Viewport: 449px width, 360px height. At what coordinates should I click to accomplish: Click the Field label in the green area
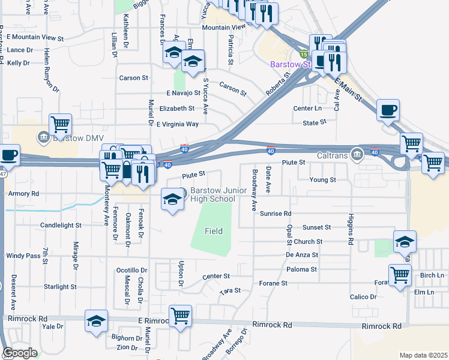214,231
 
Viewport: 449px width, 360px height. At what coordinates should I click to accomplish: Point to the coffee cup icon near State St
388,110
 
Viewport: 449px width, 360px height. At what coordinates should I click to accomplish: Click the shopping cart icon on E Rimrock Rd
180,315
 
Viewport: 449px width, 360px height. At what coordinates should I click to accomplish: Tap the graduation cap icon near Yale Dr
96,320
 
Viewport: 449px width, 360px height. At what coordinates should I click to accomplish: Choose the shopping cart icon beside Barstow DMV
60,124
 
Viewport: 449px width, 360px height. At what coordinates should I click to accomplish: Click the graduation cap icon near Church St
405,241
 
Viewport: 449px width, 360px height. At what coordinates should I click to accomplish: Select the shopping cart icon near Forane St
400,275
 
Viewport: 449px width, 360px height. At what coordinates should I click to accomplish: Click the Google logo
20,353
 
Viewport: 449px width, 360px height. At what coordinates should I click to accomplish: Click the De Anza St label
301,256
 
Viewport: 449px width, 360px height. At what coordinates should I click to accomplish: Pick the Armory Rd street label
23,194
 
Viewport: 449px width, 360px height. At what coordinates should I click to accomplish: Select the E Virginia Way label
177,124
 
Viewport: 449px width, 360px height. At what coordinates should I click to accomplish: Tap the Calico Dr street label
363,297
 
